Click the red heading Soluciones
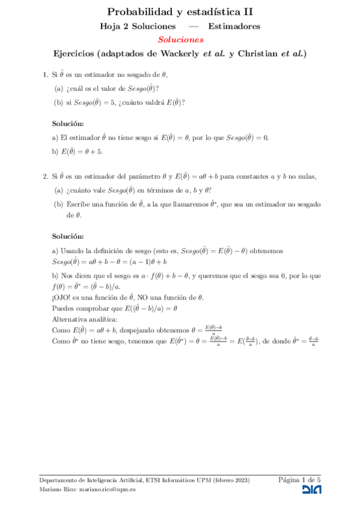point(180,40)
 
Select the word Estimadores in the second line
point(234,26)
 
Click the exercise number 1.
point(45,75)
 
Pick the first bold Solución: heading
point(68,123)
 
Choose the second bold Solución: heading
point(68,236)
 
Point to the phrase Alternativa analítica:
point(85,319)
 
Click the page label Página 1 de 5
point(299,479)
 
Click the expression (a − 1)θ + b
point(144,262)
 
